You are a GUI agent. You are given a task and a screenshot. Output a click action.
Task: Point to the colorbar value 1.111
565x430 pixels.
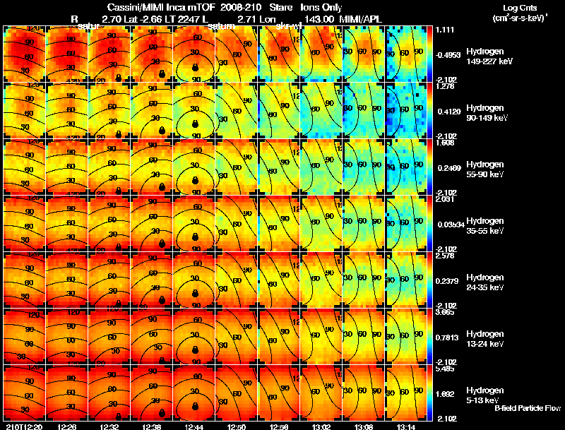445,30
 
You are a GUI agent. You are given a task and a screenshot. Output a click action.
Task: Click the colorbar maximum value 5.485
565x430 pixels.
445,369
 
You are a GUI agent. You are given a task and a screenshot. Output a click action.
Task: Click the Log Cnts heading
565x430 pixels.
511,7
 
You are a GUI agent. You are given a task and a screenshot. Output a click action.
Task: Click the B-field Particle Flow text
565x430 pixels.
528,408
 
